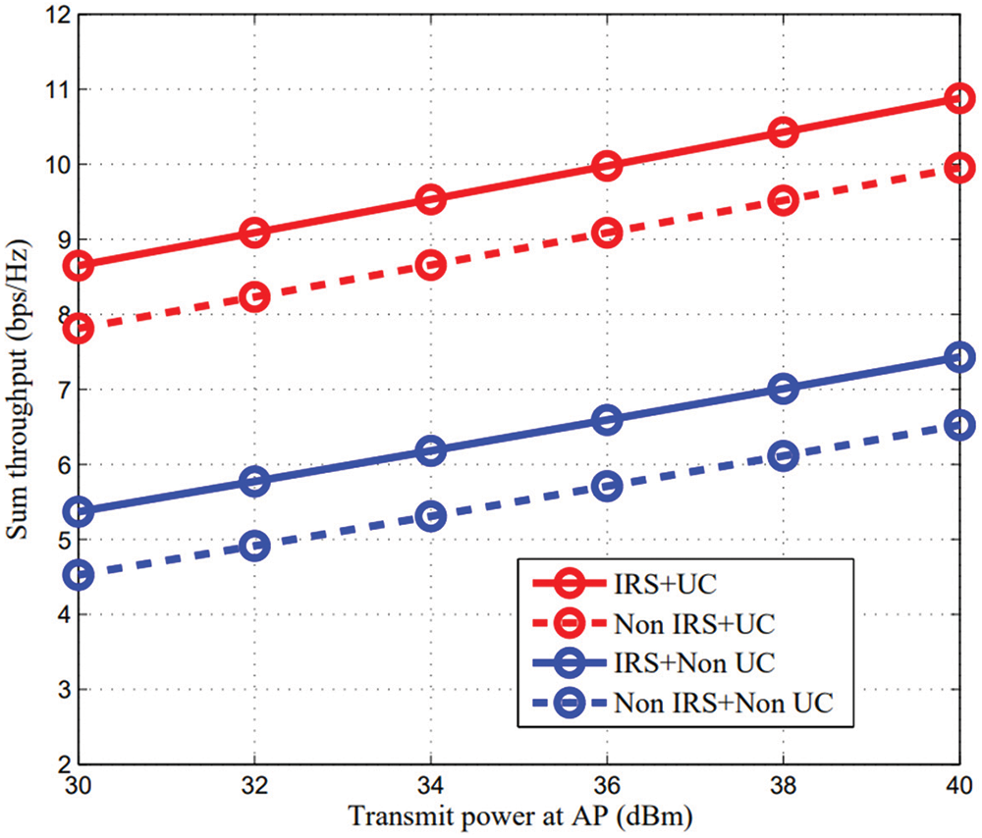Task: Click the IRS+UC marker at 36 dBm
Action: [x=608, y=165]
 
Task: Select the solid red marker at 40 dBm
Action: [x=960, y=97]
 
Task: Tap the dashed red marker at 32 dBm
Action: [x=255, y=296]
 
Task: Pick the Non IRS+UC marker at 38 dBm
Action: [x=784, y=200]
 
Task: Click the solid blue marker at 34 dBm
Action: [x=431, y=450]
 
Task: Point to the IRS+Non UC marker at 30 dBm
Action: [x=79, y=511]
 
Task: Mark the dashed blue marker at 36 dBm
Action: [x=608, y=485]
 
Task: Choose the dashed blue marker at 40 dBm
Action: [x=960, y=425]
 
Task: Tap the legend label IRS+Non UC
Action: [x=693, y=661]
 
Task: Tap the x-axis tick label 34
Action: [x=431, y=787]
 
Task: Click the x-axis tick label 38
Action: [x=784, y=787]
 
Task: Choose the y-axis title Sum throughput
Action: [x=18, y=390]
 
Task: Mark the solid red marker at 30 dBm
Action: [x=79, y=265]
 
